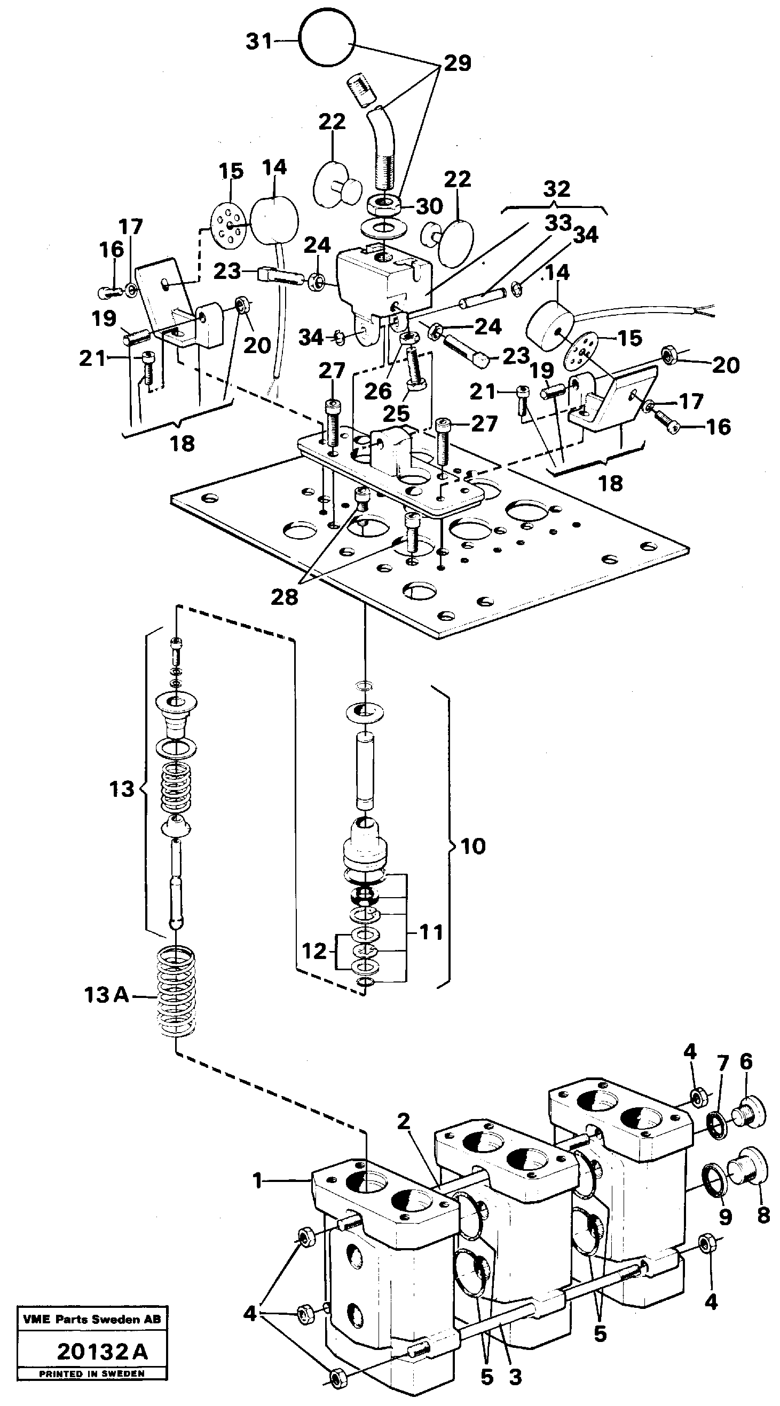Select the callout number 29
[457, 63]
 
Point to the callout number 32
[557, 189]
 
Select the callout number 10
[472, 846]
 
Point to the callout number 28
[285, 597]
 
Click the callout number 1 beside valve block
[257, 1181]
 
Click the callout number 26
[378, 391]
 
